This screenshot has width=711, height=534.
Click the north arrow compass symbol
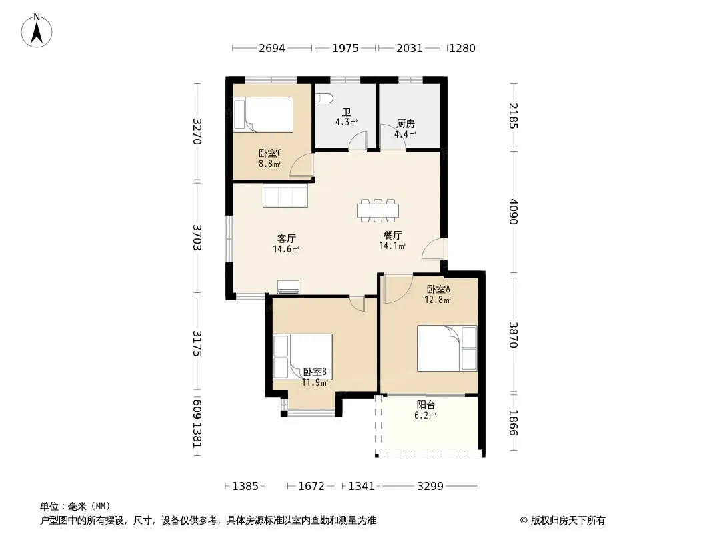pos(37,31)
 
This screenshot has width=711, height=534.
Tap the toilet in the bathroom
pos(325,98)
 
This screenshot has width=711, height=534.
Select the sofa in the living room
pos(285,195)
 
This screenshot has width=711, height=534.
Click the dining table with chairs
pos(378,210)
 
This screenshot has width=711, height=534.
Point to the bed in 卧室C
pos(263,115)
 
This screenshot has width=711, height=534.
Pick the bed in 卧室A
pos(447,348)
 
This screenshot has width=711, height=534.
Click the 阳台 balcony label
pos(426,405)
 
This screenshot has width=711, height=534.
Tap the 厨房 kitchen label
pos(406,124)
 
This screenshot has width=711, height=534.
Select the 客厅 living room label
pos(287,239)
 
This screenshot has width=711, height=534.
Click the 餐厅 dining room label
pos(393,236)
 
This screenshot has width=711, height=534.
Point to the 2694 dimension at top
pos(272,48)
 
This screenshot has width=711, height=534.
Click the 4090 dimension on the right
pos(514,212)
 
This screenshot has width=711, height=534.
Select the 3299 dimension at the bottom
pos(430,487)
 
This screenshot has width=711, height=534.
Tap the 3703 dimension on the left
pos(197,238)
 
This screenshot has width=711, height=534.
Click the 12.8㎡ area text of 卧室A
pos(438,300)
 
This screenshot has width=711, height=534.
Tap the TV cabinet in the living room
pos(288,287)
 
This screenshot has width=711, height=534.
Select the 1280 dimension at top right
pos(462,48)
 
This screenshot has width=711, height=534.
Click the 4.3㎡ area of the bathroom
pos(346,122)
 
